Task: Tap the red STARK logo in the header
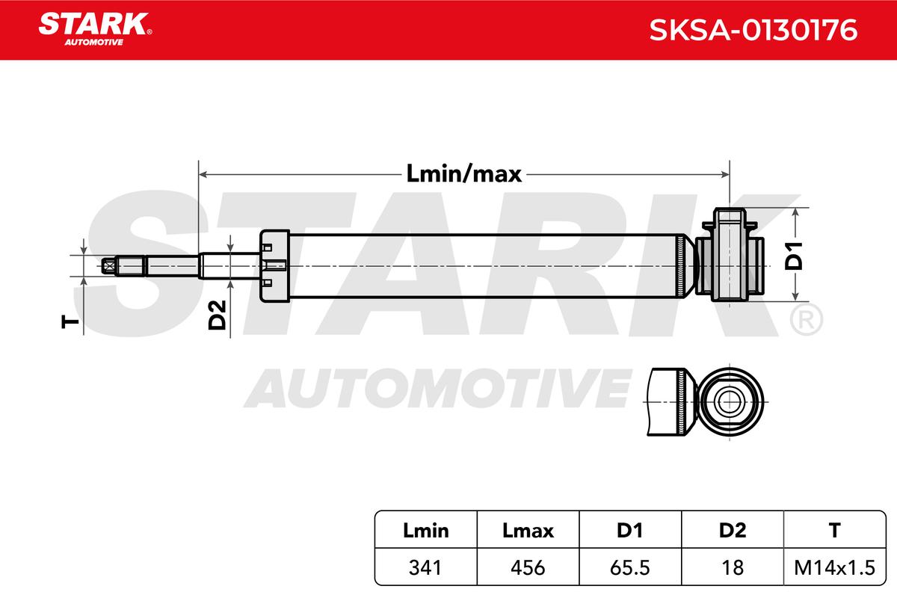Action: point(93,24)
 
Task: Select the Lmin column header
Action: point(425,531)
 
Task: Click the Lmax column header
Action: point(528,531)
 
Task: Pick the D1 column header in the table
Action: point(630,531)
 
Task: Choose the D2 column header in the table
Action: point(733,531)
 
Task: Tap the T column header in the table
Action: point(834,531)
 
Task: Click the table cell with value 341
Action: point(425,567)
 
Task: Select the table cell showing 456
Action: point(528,567)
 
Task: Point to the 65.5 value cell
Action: point(630,567)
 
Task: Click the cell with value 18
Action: point(733,567)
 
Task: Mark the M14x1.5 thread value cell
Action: point(834,567)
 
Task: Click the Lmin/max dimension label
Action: point(463,174)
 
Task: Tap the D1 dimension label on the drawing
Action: point(794,256)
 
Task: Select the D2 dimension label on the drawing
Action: point(218,315)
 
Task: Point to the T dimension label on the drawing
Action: point(70,321)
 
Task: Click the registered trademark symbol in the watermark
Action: point(806,319)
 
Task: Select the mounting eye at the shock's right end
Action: point(731,255)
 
